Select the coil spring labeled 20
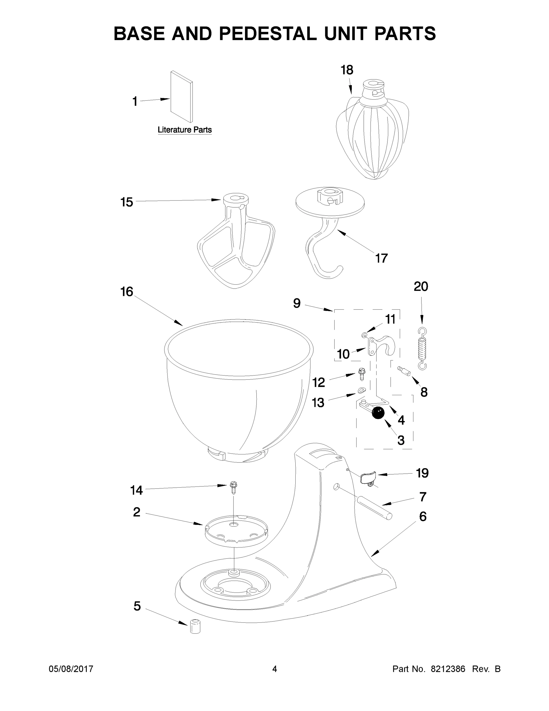(422, 348)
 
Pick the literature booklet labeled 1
(181, 97)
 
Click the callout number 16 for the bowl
(127, 292)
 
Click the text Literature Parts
(185, 130)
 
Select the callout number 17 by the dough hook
(381, 258)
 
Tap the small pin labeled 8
(405, 371)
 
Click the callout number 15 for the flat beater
(127, 202)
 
